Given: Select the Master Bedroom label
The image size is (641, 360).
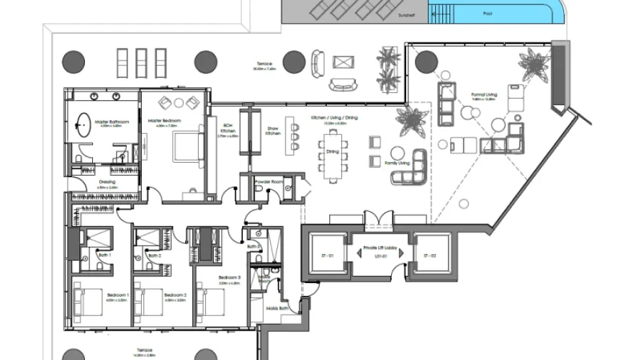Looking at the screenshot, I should click(164, 120).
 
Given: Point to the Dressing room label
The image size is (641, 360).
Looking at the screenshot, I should click(107, 182).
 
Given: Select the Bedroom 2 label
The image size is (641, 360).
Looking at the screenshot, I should click(175, 295).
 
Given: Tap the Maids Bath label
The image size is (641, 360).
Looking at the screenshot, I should click(272, 309).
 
